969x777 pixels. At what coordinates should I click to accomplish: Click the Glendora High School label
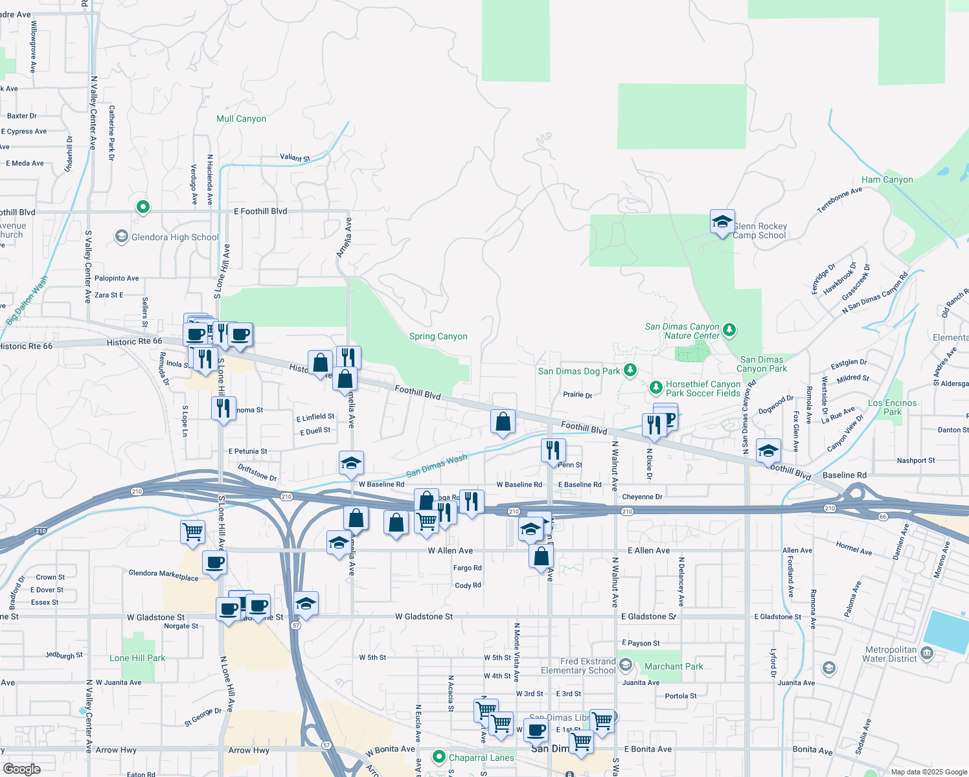(175, 237)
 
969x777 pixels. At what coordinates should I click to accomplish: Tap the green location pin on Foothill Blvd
(143, 207)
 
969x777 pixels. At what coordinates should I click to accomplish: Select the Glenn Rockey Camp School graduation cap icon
(722, 223)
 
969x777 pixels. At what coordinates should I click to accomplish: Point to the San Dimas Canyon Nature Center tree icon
(729, 330)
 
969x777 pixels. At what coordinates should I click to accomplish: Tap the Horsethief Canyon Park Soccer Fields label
(703, 388)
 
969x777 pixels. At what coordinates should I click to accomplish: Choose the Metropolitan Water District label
(891, 654)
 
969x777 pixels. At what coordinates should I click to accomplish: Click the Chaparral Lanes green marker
(439, 757)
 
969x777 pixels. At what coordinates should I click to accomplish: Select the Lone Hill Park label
(137, 658)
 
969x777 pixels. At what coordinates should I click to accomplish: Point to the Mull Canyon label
(241, 118)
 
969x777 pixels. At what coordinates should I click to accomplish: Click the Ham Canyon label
(887, 179)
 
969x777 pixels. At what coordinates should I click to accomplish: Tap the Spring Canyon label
(438, 336)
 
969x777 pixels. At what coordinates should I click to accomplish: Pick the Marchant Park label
(674, 666)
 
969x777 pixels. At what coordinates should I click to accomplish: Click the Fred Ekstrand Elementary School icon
(626, 665)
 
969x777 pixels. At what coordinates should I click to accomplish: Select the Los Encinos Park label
(892, 407)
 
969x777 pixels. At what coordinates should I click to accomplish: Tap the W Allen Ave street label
(450, 550)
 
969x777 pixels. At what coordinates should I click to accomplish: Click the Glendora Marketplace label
(163, 575)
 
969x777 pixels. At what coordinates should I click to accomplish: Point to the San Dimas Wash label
(437, 465)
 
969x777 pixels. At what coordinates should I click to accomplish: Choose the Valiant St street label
(295, 157)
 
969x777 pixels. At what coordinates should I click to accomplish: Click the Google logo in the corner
(21, 769)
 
